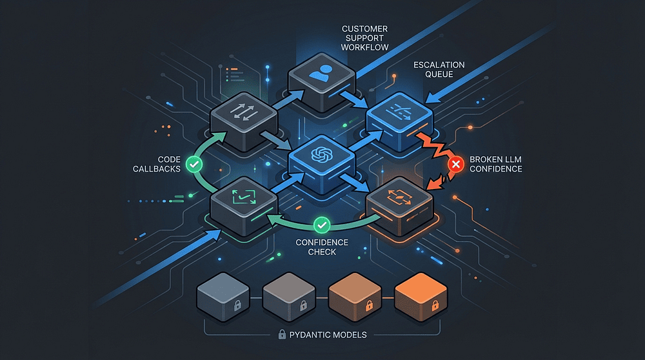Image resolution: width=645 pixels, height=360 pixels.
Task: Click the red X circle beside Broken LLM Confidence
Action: pos(456,165)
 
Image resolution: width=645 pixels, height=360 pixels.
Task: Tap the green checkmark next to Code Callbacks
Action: pos(194,165)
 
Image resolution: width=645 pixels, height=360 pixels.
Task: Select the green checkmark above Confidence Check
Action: pos(322,225)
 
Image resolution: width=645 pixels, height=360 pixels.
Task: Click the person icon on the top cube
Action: pos(321,73)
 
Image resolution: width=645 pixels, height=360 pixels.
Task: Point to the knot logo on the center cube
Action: pos(322,155)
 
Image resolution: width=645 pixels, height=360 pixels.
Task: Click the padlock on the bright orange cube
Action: pos(435,305)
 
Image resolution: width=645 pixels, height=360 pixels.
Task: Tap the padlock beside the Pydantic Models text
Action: pos(282,334)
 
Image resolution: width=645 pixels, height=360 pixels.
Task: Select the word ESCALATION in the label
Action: pos(439,65)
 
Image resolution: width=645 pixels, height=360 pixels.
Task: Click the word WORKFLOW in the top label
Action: pos(364,47)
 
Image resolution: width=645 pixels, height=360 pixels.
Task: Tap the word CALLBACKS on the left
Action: pos(157,168)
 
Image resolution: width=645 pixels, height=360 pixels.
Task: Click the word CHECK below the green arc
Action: pos(322,252)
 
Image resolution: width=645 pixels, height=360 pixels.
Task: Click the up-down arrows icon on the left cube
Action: pos(244,112)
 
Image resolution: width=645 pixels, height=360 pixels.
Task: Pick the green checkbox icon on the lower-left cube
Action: pos(244,197)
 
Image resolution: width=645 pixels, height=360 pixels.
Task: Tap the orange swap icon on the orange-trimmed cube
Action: pos(399,197)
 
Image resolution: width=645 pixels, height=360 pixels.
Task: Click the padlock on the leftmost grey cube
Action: pos(237,305)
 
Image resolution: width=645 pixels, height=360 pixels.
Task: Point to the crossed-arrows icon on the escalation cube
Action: pos(399,112)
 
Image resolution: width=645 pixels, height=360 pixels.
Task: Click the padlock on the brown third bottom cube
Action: pos(369,305)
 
